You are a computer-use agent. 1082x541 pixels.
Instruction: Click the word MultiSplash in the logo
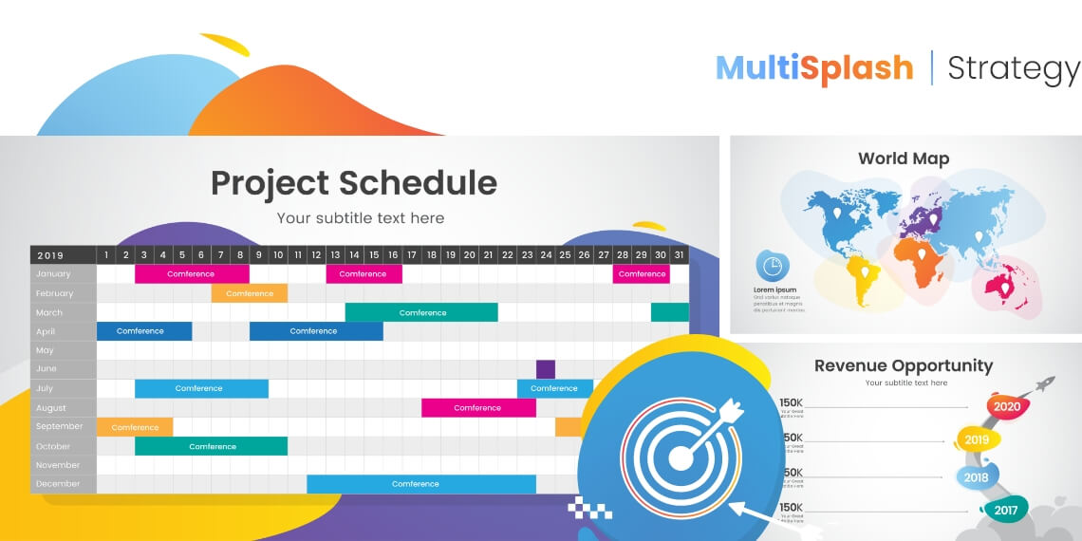(x=813, y=67)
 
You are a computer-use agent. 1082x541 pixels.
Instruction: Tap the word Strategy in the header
(x=1014, y=68)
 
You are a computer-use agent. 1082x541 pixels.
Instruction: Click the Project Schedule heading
(x=353, y=182)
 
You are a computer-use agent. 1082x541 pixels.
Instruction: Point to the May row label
(x=45, y=350)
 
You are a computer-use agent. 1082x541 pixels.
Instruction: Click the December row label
(x=58, y=484)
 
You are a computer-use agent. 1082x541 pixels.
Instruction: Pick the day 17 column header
(x=411, y=255)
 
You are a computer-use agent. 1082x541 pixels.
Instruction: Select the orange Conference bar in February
(x=250, y=293)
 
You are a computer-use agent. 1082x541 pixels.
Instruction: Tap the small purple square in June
(x=545, y=369)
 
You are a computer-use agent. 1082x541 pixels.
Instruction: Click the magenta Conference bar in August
(x=477, y=408)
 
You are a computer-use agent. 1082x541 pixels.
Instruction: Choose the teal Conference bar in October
(x=212, y=446)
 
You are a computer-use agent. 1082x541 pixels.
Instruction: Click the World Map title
(x=903, y=159)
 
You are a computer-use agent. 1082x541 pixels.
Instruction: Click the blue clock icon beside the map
(x=771, y=265)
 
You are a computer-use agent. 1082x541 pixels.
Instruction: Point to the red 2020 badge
(x=1006, y=406)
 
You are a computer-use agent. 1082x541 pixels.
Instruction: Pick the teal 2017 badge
(x=1005, y=510)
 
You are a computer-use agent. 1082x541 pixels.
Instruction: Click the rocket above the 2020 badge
(x=1043, y=384)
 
